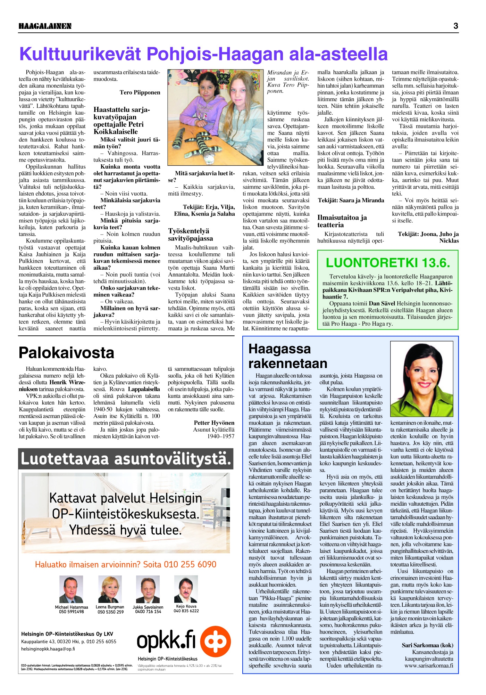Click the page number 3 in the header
(x=455, y=26)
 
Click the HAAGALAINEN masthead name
(x=45, y=26)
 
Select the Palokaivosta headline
(x=66, y=353)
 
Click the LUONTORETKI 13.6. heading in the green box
(x=388, y=263)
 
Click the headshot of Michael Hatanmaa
(x=71, y=589)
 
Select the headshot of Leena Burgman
(x=110, y=589)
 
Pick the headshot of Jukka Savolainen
(x=148, y=589)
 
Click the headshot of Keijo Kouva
(x=186, y=589)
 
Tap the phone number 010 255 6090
(x=190, y=564)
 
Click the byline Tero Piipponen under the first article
(x=140, y=92)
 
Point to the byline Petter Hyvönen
(x=214, y=423)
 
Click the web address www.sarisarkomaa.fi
(x=428, y=666)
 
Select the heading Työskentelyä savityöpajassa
(x=191, y=235)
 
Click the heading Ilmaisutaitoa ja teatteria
(x=342, y=221)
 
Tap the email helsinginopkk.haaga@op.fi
(x=48, y=649)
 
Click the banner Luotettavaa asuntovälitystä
(x=126, y=459)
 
